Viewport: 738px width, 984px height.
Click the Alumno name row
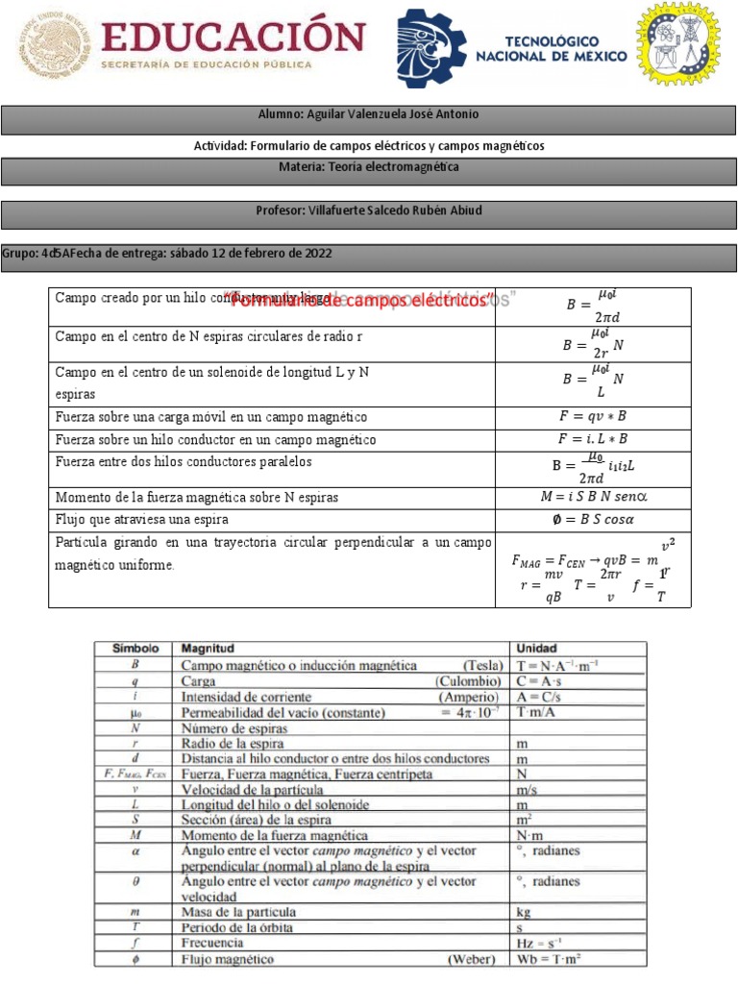pos(368,115)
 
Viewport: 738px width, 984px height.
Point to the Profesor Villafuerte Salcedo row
pos(368,209)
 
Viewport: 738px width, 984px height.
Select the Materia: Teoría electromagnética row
pos(368,168)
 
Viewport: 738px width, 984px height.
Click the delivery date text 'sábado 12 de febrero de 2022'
pos(251,254)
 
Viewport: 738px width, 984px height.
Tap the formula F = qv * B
pos(593,417)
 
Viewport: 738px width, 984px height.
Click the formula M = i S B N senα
pos(595,498)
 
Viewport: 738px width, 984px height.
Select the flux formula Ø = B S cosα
pos(595,520)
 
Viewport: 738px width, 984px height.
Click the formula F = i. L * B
pos(593,439)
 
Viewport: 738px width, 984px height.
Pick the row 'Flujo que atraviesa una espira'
pos(142,520)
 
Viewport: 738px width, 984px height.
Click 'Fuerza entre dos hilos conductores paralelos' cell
pos(184,462)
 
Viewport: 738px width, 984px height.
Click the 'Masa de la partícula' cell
pos(239,911)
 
